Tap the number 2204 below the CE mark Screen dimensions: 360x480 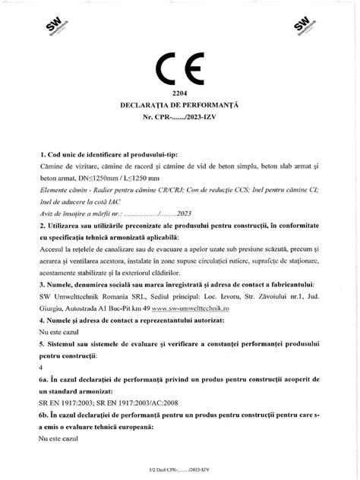tap(179, 91)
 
